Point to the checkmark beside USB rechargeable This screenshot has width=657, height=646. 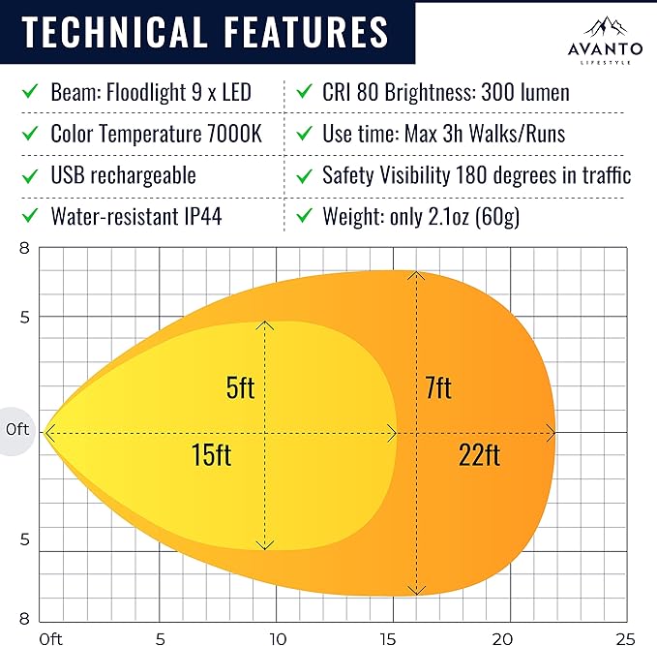[x=30, y=175]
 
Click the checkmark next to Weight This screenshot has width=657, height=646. [x=306, y=216]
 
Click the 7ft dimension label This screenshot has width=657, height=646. [x=437, y=388]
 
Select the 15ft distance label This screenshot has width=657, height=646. [x=211, y=455]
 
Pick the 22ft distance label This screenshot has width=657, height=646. [x=479, y=455]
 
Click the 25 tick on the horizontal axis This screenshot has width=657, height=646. [x=624, y=638]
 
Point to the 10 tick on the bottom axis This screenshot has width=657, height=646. [x=278, y=638]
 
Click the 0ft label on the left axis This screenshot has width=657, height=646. [x=16, y=429]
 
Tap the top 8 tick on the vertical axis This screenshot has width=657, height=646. [x=24, y=248]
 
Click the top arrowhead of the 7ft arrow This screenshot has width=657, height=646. [x=417, y=276]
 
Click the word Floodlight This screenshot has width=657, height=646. [x=141, y=92]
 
